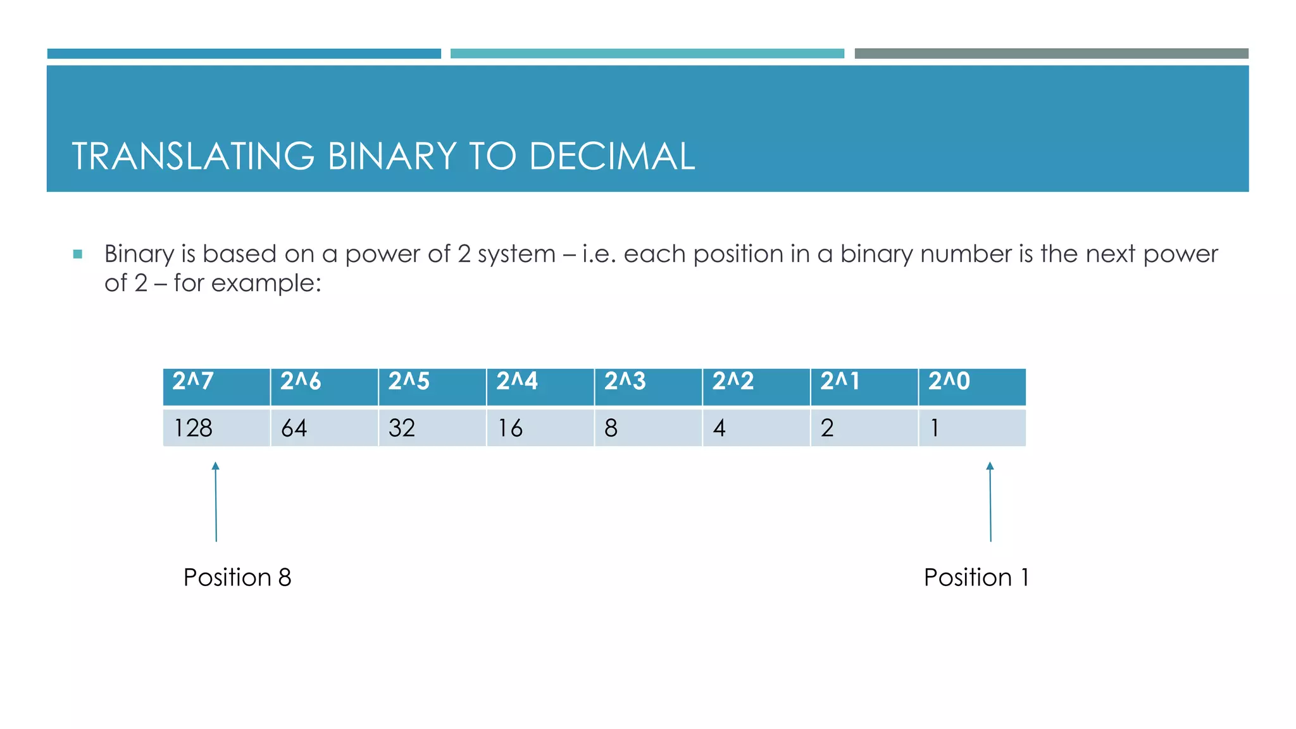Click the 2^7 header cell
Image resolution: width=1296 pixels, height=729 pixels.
[216, 386]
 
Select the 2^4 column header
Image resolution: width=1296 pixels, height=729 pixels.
[540, 386]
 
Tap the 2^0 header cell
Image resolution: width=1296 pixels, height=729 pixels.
[972, 386]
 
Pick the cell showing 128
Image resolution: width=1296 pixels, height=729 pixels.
[216, 428]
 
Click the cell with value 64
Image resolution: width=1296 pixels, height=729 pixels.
[324, 428]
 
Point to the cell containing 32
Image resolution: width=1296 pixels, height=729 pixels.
[432, 428]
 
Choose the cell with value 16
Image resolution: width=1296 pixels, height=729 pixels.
[540, 428]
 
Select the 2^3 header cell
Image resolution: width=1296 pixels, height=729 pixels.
[648, 386]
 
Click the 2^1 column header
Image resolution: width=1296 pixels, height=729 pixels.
[864, 386]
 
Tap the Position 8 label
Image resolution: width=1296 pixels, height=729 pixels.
[237, 577]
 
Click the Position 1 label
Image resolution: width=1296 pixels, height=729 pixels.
[976, 577]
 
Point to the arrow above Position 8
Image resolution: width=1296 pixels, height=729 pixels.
[216, 502]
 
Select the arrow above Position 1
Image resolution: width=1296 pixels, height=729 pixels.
[990, 502]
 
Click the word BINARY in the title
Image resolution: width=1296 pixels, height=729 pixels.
[392, 156]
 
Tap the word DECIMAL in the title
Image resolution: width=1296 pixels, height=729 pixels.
[612, 156]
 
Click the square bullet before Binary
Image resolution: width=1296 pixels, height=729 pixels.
[78, 254]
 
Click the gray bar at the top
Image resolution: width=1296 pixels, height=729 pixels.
[1051, 54]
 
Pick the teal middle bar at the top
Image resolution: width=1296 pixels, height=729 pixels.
[647, 54]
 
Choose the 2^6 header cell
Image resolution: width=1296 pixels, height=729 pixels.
[324, 386]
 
